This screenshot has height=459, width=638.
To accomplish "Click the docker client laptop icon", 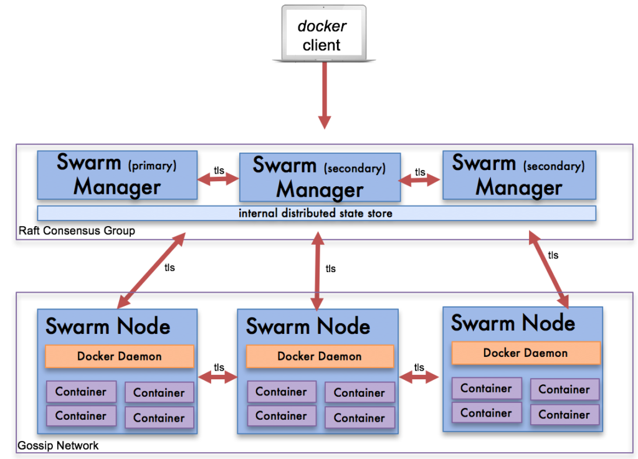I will [x=324, y=34].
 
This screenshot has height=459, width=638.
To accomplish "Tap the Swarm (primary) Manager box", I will [x=117, y=174].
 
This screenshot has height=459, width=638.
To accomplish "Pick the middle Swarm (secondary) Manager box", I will [x=320, y=177].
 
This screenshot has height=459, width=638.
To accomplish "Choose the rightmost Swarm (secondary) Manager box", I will [x=518, y=175].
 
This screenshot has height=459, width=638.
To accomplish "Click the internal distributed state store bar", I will [x=316, y=214].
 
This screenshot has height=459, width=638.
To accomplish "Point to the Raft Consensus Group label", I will [x=77, y=231].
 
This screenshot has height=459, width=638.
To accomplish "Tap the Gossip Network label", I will [x=58, y=446].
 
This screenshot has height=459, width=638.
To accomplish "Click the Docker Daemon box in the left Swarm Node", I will [x=119, y=357].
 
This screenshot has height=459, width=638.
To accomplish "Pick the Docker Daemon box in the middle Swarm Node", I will [x=320, y=357].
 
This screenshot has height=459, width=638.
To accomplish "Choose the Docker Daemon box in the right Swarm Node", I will [x=525, y=353].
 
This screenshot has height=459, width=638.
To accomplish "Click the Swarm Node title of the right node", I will [x=513, y=323].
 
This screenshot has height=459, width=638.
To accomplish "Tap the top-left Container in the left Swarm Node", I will [x=81, y=392].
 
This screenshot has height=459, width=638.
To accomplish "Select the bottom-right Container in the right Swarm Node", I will [x=564, y=414].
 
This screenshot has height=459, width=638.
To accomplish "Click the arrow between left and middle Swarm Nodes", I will [x=218, y=377].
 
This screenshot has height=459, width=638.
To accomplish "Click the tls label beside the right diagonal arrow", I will [x=553, y=255].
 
